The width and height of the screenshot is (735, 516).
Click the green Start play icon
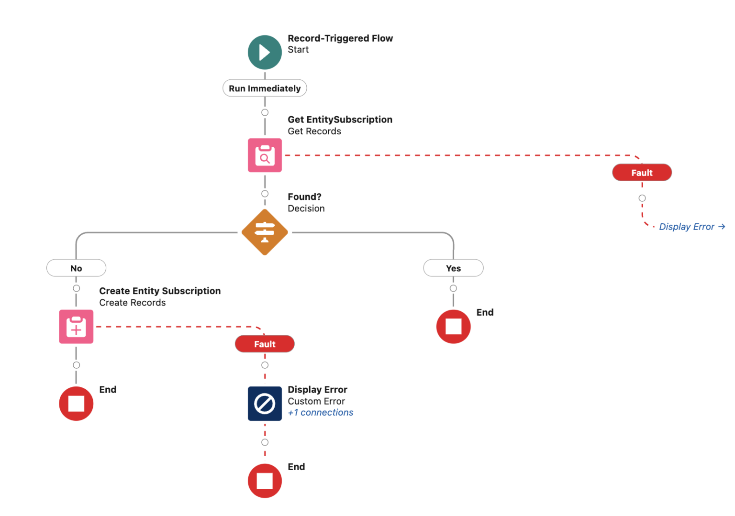pyautogui.click(x=265, y=52)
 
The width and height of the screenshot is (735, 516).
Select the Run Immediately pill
pyautogui.click(x=265, y=88)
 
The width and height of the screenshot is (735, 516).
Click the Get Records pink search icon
pyautogui.click(x=265, y=155)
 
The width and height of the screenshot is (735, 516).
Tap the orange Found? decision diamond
pyautogui.click(x=265, y=232)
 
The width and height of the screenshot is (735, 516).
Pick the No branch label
pyautogui.click(x=76, y=268)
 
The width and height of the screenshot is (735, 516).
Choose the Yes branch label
pyautogui.click(x=453, y=268)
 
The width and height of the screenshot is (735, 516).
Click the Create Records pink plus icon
pyautogui.click(x=76, y=327)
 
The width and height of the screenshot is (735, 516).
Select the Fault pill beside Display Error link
pyautogui.click(x=642, y=173)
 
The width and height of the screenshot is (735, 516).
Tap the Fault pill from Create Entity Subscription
pyautogui.click(x=265, y=344)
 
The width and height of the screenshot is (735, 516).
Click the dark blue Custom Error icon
pyautogui.click(x=265, y=404)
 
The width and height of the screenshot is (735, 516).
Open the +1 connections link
pyautogui.click(x=320, y=413)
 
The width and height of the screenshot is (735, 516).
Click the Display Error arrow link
pyautogui.click(x=691, y=227)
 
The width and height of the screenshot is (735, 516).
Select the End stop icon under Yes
pyautogui.click(x=453, y=327)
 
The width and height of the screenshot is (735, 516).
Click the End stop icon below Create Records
pyautogui.click(x=76, y=404)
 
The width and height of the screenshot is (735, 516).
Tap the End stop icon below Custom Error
pyautogui.click(x=265, y=481)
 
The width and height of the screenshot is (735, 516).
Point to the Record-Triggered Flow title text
pyautogui.click(x=340, y=38)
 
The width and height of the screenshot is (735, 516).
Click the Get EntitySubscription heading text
pyautogui.click(x=340, y=120)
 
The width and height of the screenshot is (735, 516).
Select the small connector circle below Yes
pyautogui.click(x=453, y=288)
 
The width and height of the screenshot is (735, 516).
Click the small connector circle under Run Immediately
pyautogui.click(x=265, y=112)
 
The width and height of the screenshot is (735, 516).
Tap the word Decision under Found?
pyautogui.click(x=306, y=209)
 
